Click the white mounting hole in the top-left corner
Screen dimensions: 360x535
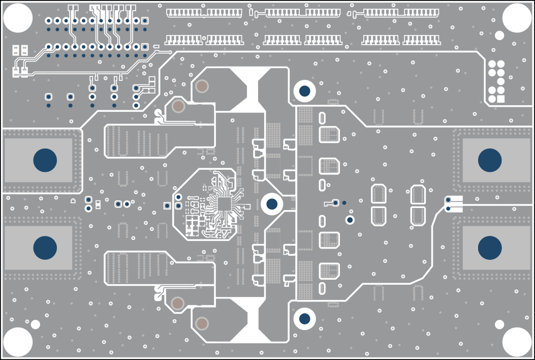[18, 17]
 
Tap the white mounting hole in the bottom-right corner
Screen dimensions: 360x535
[517, 342]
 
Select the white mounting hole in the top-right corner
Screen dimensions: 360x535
[517, 17]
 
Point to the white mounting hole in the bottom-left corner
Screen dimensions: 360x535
[18, 342]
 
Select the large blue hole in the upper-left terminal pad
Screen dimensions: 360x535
[45, 160]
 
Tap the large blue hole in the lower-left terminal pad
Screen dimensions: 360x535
[45, 248]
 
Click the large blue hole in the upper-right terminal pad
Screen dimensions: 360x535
[490, 160]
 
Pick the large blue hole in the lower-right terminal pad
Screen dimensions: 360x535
[490, 248]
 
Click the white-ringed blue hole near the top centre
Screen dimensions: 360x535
[304, 91]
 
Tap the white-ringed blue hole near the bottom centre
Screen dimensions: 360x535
[304, 319]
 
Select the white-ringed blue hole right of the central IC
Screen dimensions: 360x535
[272, 204]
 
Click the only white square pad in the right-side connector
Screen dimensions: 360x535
[500, 99]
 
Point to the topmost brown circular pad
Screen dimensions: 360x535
[202, 86]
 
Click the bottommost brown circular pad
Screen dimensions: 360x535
[202, 323]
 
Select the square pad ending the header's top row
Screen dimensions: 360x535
[145, 20]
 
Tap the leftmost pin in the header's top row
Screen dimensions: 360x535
[49, 20]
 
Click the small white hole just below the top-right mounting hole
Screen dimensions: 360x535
[499, 35]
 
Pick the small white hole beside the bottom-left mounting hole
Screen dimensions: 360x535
[35, 324]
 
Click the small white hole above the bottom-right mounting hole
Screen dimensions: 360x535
[499, 324]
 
